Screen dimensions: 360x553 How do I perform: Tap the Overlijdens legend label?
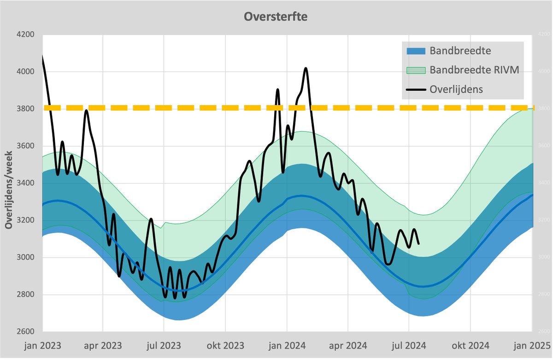(x=456, y=89)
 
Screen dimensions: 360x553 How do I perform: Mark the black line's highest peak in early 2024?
(x=306, y=68)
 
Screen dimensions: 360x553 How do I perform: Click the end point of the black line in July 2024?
(x=418, y=243)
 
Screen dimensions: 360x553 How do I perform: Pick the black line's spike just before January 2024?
(x=277, y=89)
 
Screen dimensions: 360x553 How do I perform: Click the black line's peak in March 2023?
(x=86, y=110)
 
